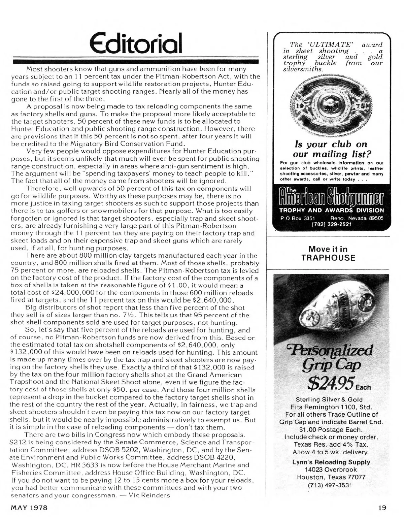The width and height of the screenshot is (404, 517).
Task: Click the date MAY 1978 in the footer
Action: coord(30,507)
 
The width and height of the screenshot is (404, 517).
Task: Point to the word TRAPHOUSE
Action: coord(328,258)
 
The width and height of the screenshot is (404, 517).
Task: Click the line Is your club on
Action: coord(331,144)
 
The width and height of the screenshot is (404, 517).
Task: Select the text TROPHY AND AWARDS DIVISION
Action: coord(332,210)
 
